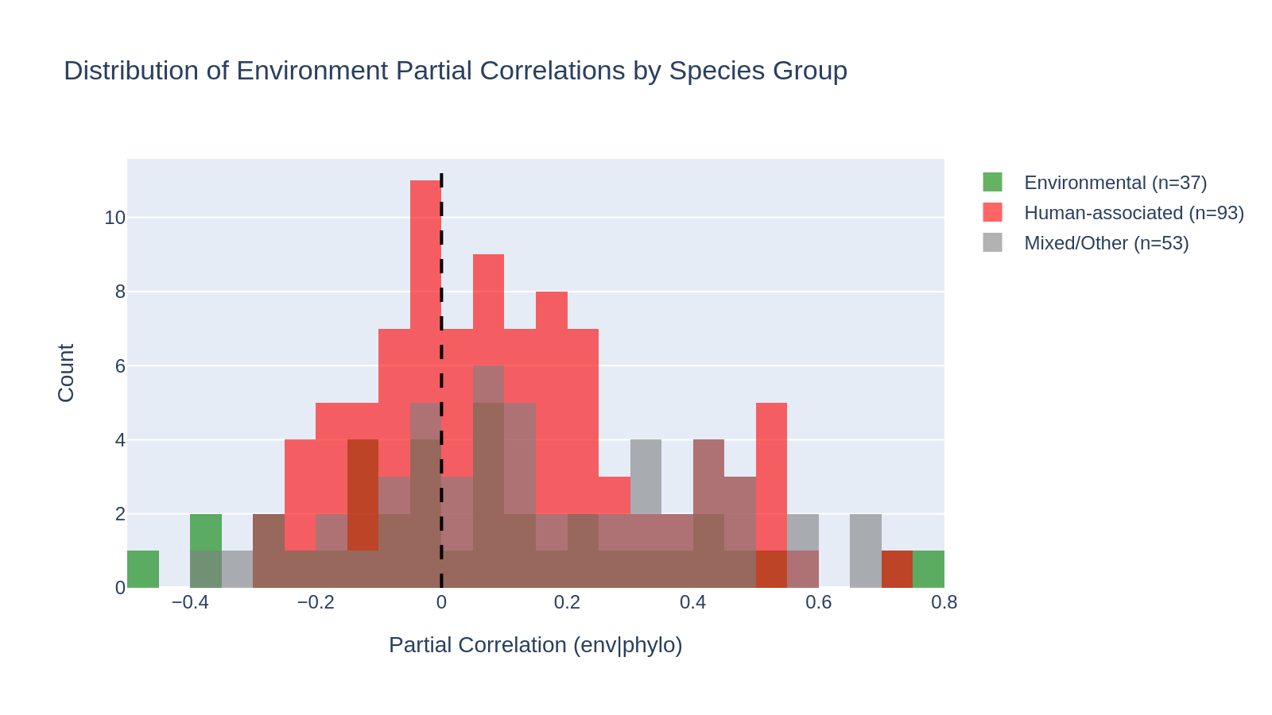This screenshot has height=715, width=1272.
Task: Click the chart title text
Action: click(455, 71)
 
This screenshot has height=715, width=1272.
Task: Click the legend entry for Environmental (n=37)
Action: click(1115, 183)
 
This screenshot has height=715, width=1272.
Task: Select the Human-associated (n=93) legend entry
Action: click(1133, 213)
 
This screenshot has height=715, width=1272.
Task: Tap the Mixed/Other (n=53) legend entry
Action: click(1105, 243)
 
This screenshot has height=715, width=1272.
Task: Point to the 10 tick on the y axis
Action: click(114, 218)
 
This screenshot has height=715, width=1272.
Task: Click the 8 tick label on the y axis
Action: click(120, 292)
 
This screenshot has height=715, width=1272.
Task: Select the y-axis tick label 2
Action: click(120, 514)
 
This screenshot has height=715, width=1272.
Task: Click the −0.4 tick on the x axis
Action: click(189, 602)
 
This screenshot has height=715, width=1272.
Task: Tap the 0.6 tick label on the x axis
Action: click(818, 602)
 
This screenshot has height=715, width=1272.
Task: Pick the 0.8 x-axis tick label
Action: click(944, 602)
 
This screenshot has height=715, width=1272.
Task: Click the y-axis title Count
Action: click(66, 373)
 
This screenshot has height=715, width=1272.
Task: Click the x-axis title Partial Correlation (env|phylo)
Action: click(535, 645)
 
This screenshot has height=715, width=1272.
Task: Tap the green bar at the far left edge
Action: click(143, 569)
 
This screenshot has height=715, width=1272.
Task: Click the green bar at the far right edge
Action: click(928, 569)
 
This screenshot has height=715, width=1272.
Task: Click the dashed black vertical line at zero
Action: click(441, 238)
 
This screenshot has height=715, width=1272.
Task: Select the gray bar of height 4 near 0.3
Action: click(646, 477)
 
